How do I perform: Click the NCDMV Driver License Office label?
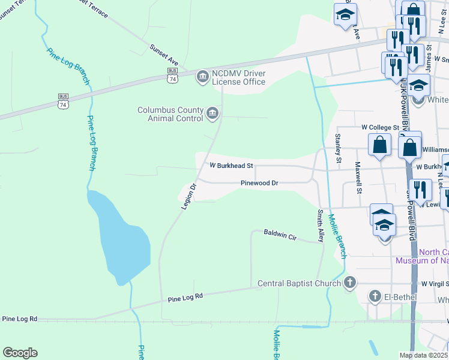[x=238, y=77]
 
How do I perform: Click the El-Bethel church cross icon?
[x=375, y=296]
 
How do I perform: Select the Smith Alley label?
[x=321, y=226]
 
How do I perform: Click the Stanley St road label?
[x=338, y=149]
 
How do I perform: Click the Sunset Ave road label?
[x=165, y=54]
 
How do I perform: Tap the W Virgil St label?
[x=435, y=283]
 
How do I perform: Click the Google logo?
[x=20, y=353]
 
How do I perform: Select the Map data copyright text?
[x=423, y=355]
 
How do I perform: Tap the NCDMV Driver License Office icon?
[x=202, y=76]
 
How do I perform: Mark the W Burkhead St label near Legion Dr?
[x=231, y=165]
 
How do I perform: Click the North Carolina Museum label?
[x=421, y=256]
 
